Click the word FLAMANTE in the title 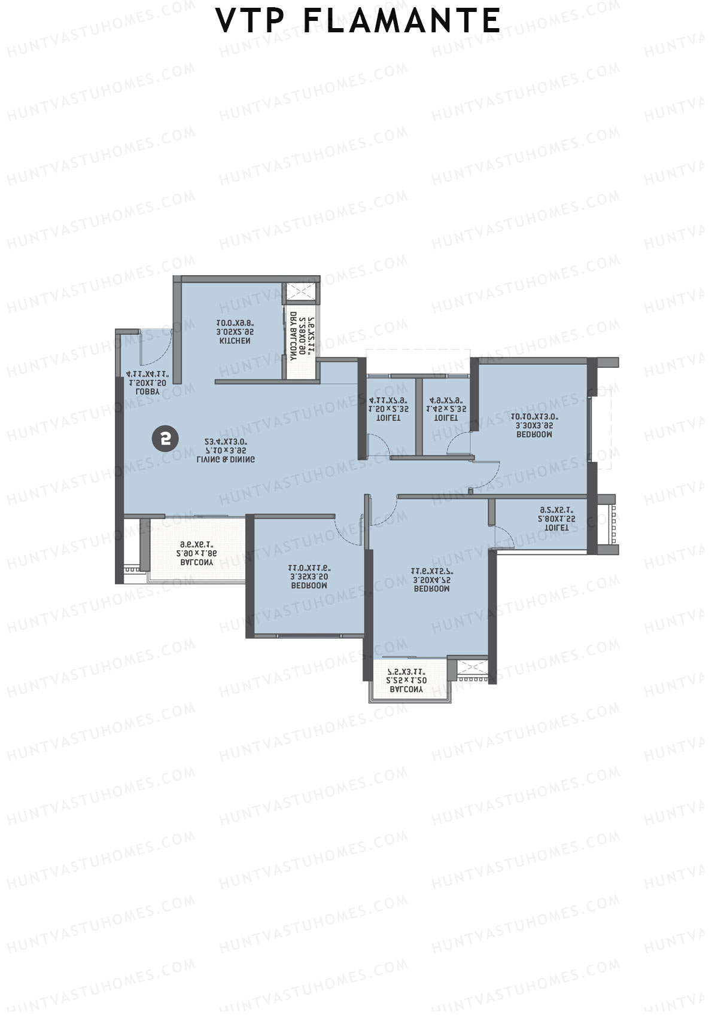pyautogui.click(x=401, y=21)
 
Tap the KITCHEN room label pyautogui.click(x=235, y=341)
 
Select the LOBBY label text pyautogui.click(x=148, y=392)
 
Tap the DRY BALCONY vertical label pyautogui.click(x=293, y=336)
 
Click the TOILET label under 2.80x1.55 pyautogui.click(x=556, y=528)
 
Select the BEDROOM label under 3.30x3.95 pyautogui.click(x=534, y=435)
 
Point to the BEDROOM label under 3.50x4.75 pyautogui.click(x=431, y=589)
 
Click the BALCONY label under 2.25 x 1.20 pyautogui.click(x=406, y=689)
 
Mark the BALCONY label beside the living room pyautogui.click(x=196, y=563)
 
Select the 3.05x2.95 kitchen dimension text pyautogui.click(x=235, y=332)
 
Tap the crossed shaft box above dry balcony pyautogui.click(x=302, y=291)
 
